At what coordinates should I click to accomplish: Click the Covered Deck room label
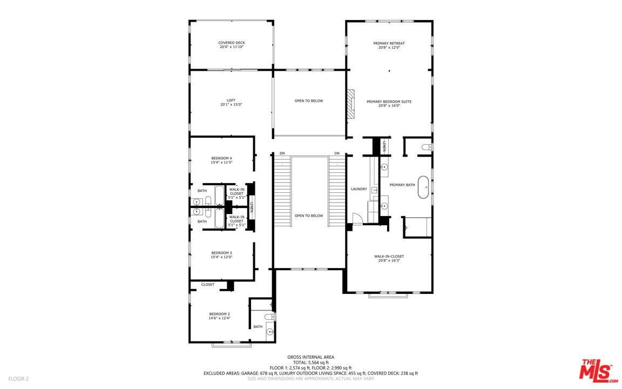(x=232, y=43)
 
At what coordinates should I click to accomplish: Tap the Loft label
(x=231, y=100)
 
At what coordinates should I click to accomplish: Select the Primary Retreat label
(x=389, y=43)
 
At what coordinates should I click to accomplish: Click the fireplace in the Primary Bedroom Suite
(x=351, y=103)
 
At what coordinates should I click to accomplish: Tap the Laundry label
(x=359, y=189)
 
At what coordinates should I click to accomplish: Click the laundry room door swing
(x=356, y=218)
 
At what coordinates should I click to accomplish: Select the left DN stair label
(x=282, y=153)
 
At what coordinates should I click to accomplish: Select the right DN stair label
(x=337, y=153)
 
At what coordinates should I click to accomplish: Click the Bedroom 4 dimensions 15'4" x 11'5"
(x=221, y=163)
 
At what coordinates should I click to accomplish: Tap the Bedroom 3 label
(x=221, y=253)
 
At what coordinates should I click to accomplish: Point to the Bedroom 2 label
(x=220, y=314)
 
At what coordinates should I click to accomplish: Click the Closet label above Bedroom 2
(x=208, y=285)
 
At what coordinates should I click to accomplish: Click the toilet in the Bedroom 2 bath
(x=270, y=317)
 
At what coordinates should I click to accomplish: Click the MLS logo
(x=598, y=371)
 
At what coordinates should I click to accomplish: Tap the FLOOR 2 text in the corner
(x=18, y=379)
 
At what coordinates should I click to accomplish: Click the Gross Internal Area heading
(x=310, y=357)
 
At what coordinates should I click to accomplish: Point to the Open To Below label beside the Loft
(x=309, y=101)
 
